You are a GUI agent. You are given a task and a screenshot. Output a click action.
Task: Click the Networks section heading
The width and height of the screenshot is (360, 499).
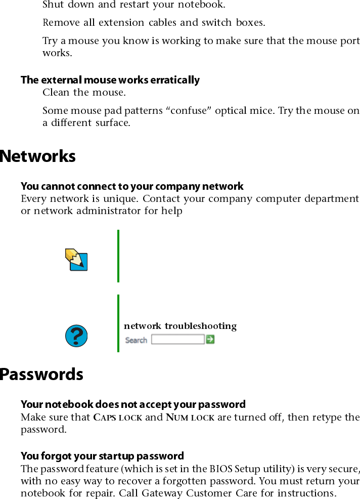(x=38, y=156)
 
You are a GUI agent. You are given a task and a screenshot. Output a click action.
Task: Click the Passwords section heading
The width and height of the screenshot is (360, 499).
(x=41, y=375)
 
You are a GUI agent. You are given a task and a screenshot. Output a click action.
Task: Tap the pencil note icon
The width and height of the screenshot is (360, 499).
(x=76, y=259)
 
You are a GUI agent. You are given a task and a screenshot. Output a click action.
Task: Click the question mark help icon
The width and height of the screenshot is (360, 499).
(x=77, y=336)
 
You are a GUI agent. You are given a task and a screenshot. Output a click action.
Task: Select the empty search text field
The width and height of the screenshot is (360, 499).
(x=178, y=340)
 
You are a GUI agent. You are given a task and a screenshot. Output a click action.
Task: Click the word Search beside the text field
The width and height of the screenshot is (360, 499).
(x=136, y=340)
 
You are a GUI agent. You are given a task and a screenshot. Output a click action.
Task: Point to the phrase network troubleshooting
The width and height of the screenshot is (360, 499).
(x=180, y=326)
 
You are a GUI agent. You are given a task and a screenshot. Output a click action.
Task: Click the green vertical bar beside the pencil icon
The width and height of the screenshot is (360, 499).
(x=118, y=256)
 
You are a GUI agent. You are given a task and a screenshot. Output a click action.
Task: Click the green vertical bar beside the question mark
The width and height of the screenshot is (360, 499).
(x=118, y=323)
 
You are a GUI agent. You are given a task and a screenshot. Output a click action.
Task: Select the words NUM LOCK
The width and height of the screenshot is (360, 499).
(x=190, y=418)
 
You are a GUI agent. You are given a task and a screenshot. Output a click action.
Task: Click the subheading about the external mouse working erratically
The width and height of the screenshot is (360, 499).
(x=110, y=80)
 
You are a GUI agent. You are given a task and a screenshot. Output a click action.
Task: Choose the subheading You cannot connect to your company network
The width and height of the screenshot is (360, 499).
(x=132, y=186)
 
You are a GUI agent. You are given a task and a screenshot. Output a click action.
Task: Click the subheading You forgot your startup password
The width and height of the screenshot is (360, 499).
(x=102, y=456)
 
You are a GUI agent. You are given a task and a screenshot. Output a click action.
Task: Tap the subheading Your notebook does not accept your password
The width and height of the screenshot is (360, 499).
(x=133, y=404)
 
